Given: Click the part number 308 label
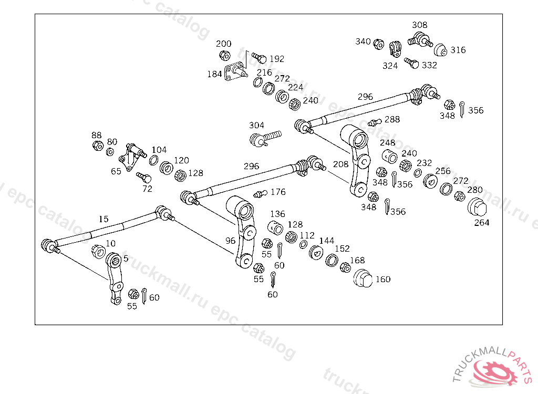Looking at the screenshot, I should click(x=420, y=25).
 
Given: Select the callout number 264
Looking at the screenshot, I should click(x=482, y=223).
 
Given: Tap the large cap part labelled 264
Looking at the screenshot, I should click(x=477, y=209).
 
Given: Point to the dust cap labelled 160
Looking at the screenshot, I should click(x=363, y=278).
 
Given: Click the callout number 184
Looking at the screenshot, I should click(x=214, y=75).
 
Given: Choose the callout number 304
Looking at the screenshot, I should click(x=256, y=126).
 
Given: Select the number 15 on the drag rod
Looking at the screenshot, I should click(x=104, y=219).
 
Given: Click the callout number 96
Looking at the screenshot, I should click(x=231, y=241).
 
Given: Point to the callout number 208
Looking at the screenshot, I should click(x=340, y=164).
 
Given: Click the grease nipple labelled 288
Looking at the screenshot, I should click(x=374, y=122).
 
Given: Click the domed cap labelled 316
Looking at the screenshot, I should click(x=441, y=50).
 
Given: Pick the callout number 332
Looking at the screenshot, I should click(x=429, y=66).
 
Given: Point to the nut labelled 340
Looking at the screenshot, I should click(x=378, y=44).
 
